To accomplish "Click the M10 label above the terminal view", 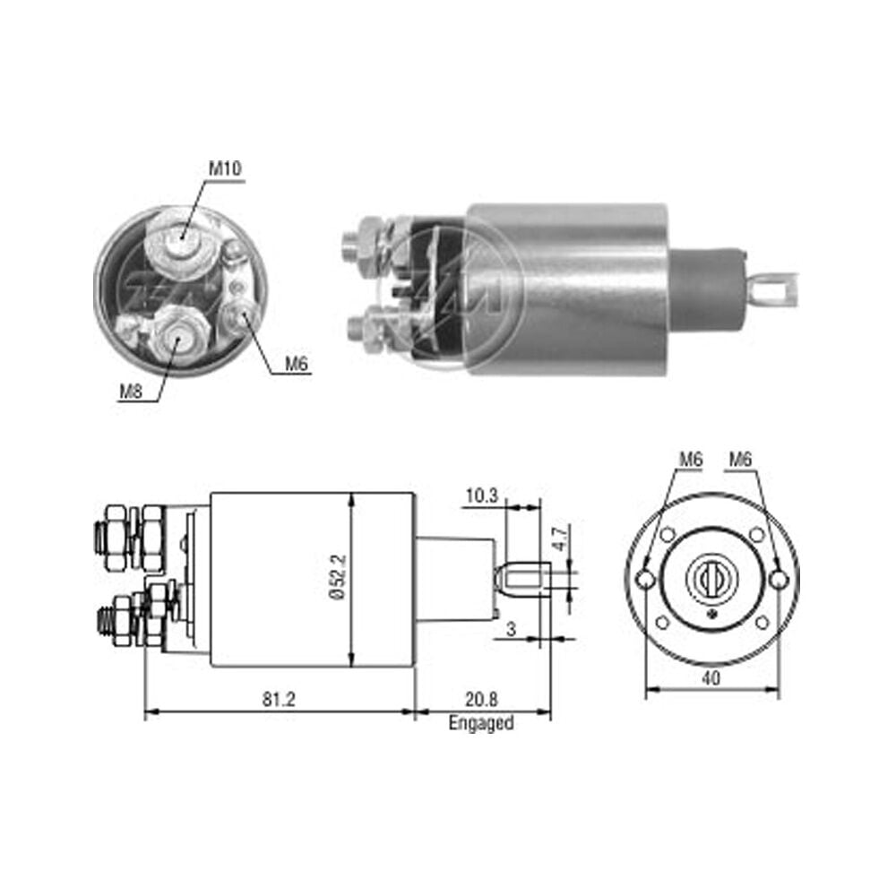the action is (225, 168).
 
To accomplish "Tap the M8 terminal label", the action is (131, 392).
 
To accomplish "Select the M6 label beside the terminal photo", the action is (297, 364).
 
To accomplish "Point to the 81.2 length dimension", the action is (279, 699).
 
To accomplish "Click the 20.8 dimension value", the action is (481, 699).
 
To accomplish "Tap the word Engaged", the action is (481, 723).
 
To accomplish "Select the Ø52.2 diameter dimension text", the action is (339, 576).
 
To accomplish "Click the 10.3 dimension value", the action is (482, 495).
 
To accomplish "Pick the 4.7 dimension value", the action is (561, 538).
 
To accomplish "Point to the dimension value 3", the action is (511, 629).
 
